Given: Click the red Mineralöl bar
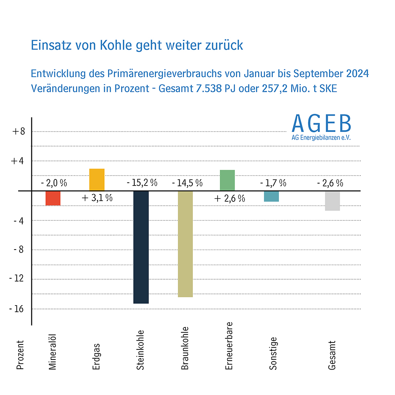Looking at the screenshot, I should click(x=53, y=198).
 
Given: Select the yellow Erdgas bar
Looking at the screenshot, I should click(x=97, y=180).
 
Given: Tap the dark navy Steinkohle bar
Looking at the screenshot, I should click(x=141, y=247).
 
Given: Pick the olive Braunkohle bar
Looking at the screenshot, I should click(x=185, y=244).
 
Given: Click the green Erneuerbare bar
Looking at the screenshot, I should click(x=227, y=180).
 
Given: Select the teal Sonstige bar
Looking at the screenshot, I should click(x=272, y=196).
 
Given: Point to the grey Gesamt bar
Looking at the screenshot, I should click(x=332, y=201).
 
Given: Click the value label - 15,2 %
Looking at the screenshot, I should click(x=142, y=183).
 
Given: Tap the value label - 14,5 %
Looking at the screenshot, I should click(x=187, y=183).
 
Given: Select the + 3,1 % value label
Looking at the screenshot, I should click(x=97, y=198).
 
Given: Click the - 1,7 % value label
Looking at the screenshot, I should click(x=273, y=183).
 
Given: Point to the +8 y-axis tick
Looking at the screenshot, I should click(x=18, y=132).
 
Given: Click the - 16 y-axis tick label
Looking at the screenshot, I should click(x=18, y=309).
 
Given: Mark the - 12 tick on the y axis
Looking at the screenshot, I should click(x=18, y=279).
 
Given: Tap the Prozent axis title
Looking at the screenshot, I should click(x=20, y=355).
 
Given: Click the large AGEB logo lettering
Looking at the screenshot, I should click(x=321, y=123).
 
